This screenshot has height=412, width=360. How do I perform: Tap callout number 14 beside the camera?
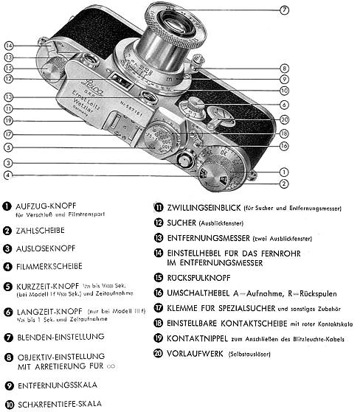(x=9, y=45)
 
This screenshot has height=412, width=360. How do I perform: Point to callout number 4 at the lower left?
(x=9, y=175)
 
